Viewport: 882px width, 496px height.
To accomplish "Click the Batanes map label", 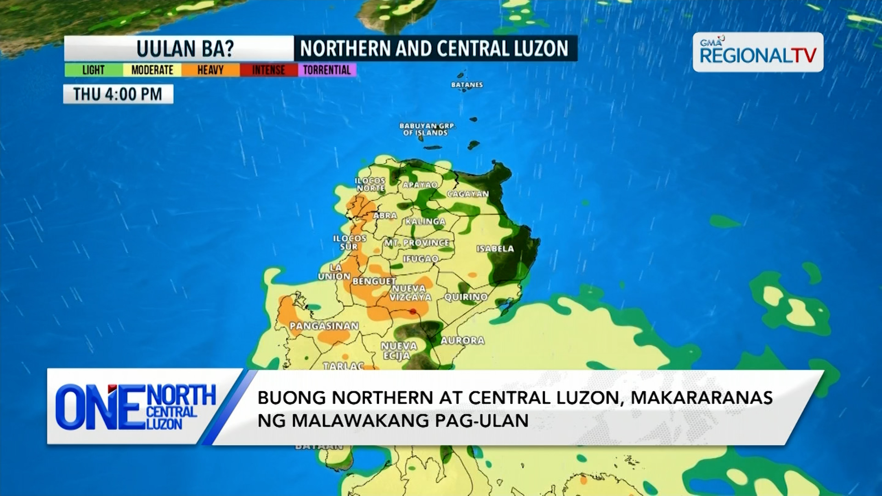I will point(467,85).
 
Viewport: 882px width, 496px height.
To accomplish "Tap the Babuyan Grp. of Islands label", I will point(427,129).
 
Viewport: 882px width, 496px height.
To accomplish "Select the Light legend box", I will point(93,70).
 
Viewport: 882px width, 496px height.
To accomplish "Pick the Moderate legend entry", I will point(152,70).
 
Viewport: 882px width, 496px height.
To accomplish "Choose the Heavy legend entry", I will point(210,70).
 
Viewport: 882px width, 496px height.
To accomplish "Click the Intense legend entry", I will point(268,70).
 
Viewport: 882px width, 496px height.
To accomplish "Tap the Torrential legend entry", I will point(327,70).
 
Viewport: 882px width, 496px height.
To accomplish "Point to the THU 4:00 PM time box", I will point(118,94).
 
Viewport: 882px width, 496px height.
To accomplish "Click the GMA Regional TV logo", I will point(758,52).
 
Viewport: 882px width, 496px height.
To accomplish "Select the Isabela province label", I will point(495,249).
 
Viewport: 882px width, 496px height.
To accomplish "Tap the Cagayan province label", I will point(468,194).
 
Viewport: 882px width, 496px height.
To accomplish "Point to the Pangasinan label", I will point(324,326).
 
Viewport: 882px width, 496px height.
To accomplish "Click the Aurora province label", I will point(462,341).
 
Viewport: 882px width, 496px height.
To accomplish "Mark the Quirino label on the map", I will point(466,297).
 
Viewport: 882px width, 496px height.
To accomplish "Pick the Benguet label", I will point(374,281).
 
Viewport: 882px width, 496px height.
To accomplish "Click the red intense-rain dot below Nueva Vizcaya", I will point(413,312).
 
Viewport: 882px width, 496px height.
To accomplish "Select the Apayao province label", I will point(420,185).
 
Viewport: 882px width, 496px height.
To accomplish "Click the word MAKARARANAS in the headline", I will point(701,398).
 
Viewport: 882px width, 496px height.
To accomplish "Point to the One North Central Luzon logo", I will point(136,407).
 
